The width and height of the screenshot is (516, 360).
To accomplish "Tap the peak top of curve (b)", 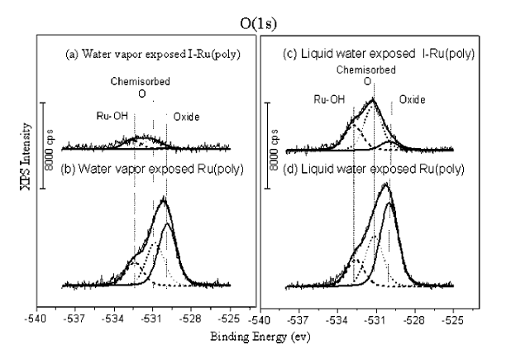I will pyautogui.click(x=165, y=199).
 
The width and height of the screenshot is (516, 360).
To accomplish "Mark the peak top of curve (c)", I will pyautogui.click(x=372, y=99).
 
